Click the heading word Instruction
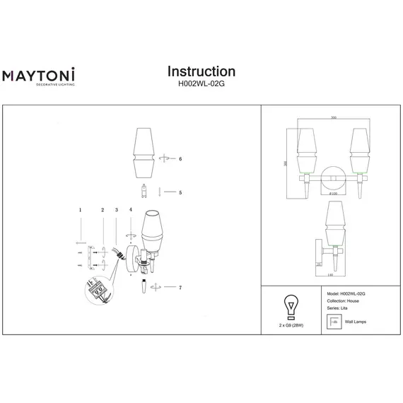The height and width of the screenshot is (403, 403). (x=201, y=71)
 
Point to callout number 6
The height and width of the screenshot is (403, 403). (x=180, y=160)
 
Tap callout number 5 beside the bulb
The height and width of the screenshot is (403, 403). (x=180, y=192)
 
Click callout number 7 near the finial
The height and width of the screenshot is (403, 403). (x=180, y=287)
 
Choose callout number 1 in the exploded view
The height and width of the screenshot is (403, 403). (x=81, y=211)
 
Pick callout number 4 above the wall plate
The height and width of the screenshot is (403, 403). (x=130, y=211)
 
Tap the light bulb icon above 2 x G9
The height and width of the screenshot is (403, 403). (x=289, y=306)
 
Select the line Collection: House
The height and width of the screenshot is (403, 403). (x=344, y=300)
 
